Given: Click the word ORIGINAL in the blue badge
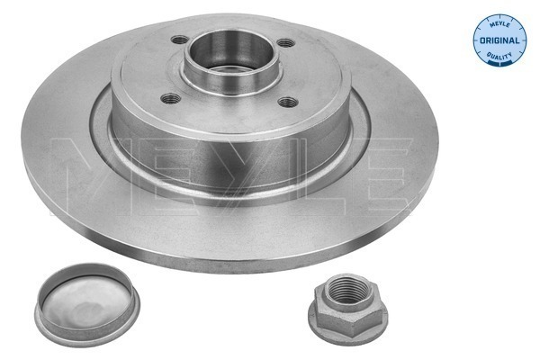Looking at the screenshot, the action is point(499,40).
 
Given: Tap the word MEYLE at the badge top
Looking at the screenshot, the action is point(499,23).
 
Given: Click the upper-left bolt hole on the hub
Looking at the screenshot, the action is point(179,40).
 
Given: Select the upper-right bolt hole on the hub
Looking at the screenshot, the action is point(286,43).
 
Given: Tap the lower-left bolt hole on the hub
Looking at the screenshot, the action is point(171,98).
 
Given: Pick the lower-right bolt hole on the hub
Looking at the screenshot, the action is point(288,102).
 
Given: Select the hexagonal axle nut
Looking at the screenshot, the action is point(347,309).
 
